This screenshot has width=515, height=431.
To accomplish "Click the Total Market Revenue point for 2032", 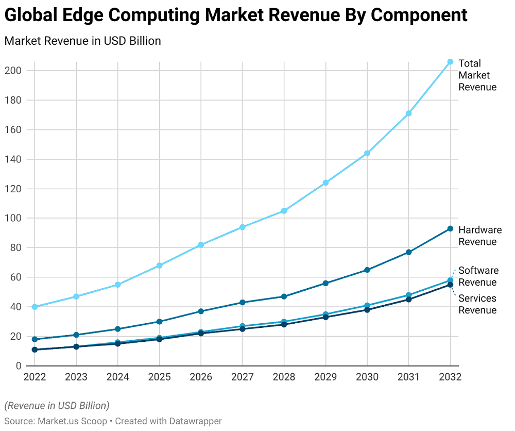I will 450,62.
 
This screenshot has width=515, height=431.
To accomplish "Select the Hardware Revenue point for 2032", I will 450,228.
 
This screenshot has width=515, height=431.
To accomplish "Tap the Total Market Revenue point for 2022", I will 35,307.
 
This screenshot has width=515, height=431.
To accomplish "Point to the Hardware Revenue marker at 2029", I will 325,283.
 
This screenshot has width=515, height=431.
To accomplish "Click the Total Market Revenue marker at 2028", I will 284,211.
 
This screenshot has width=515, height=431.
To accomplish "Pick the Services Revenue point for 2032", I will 450,285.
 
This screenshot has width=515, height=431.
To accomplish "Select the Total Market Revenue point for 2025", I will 160,266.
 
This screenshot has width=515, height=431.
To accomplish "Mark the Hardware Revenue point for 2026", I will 201,311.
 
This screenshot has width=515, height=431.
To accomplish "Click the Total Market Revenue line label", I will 477,75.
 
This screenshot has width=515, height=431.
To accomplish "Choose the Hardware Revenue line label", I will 479,236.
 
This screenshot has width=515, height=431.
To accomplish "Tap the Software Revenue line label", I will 478,276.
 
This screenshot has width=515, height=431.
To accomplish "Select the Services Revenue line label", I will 477,304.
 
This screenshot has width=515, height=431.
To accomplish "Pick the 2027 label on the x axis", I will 243,377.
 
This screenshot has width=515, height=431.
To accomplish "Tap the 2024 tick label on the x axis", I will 118,377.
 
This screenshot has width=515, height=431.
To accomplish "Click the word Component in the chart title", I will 419,15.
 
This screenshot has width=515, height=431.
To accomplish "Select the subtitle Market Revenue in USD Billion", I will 82,41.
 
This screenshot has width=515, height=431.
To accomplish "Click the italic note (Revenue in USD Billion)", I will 57,405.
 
